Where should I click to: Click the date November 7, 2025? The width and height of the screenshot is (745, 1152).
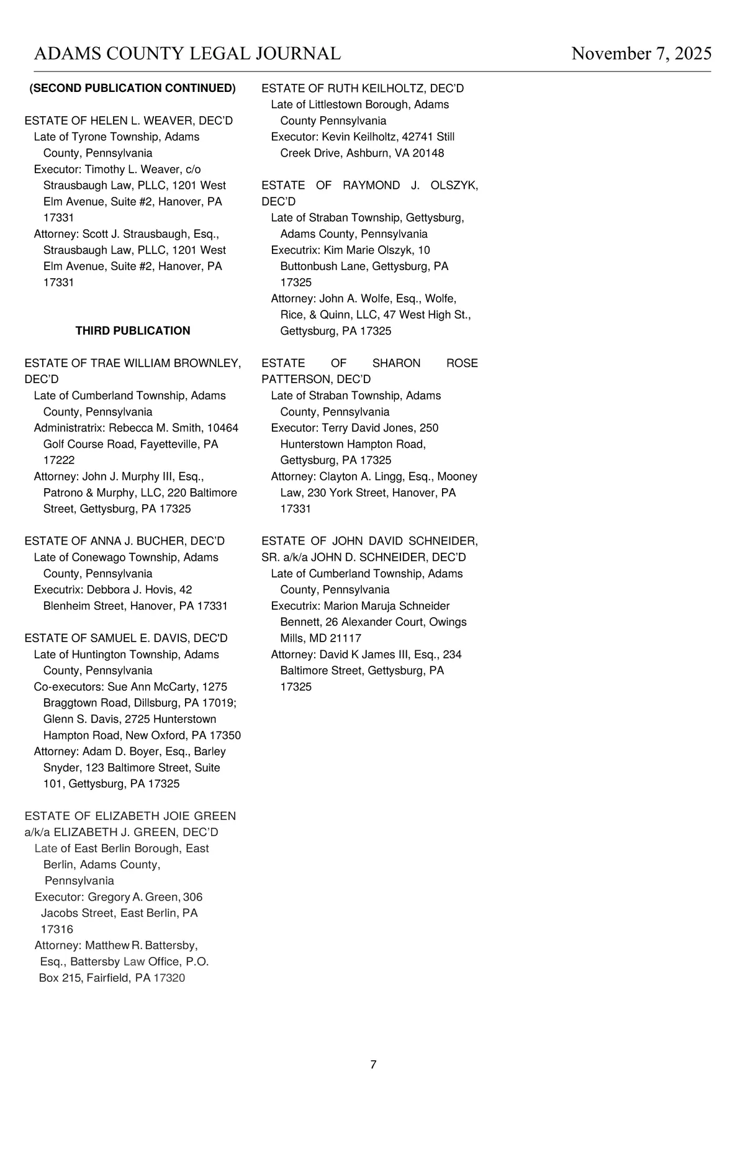[x=641, y=54]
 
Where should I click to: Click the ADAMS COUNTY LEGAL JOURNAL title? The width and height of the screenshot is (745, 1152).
[x=187, y=54]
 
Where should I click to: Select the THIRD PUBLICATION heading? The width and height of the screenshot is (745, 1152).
[x=133, y=331]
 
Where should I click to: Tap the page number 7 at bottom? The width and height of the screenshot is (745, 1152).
[x=373, y=1064]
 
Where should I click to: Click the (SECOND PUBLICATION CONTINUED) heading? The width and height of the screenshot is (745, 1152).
[x=133, y=88]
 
